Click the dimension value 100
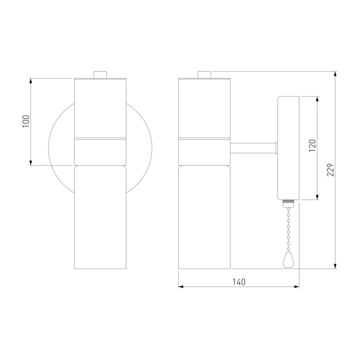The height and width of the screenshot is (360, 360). coord(26,121)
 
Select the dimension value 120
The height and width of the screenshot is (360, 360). coord(312,145)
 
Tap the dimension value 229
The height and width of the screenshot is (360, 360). coord(331,170)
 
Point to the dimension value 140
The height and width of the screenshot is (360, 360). coord(239,282)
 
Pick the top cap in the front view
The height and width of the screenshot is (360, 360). coord(100,75)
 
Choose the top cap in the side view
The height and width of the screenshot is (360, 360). coord(204,75)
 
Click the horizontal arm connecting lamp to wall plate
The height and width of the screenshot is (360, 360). coord(254,148)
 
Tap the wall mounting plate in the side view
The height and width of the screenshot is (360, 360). coord(288,148)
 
